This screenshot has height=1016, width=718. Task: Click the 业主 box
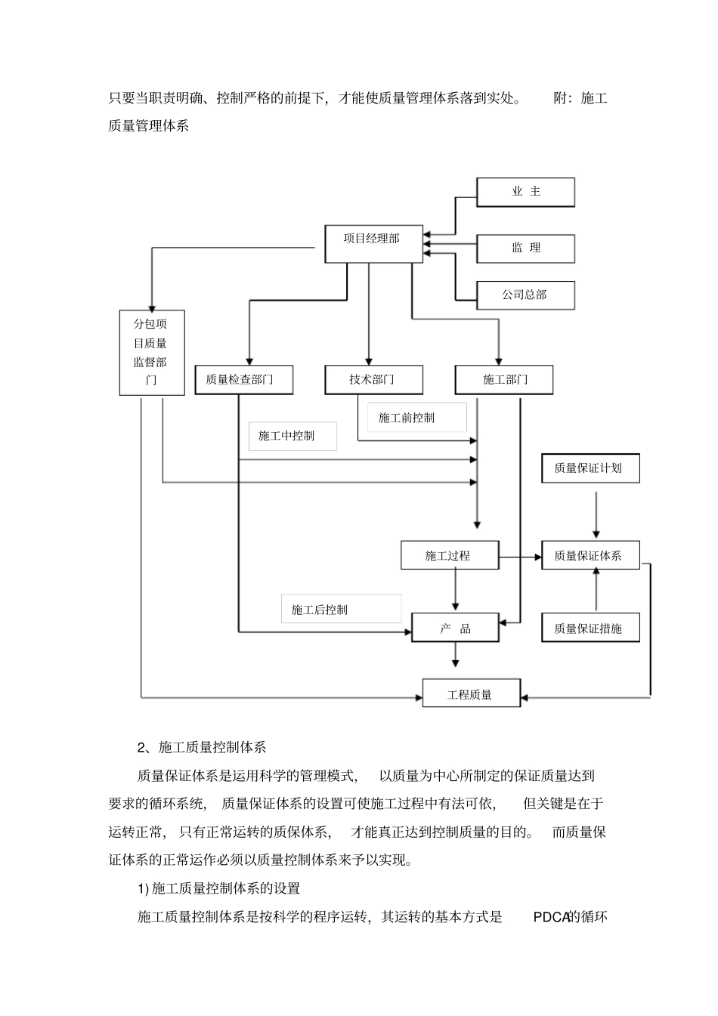(x=525, y=192)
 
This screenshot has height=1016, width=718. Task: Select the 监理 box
(x=525, y=248)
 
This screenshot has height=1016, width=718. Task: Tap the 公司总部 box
(x=525, y=295)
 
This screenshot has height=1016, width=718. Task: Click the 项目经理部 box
(x=373, y=243)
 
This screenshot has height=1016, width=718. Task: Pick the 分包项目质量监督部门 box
(x=152, y=352)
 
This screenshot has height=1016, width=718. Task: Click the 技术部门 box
(x=373, y=379)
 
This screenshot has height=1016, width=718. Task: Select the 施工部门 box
(x=503, y=379)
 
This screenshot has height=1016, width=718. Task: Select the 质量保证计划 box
(x=590, y=468)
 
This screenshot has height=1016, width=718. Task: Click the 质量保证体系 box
(x=590, y=556)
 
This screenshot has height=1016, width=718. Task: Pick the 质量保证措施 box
(x=590, y=628)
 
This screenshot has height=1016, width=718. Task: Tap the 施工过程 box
(x=449, y=556)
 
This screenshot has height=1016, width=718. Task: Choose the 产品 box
(x=455, y=628)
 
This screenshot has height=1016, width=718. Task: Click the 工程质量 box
(x=471, y=693)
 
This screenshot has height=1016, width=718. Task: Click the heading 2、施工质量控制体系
(x=202, y=747)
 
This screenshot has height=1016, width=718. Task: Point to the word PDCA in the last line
(x=549, y=918)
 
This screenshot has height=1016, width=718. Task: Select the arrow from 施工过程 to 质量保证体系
(x=520, y=557)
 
